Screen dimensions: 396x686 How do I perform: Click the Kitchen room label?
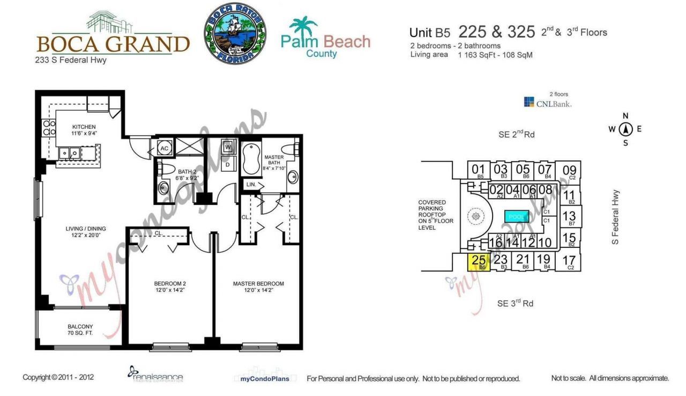[84, 130]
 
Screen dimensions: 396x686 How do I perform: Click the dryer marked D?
[228, 164]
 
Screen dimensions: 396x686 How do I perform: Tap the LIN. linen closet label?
[251, 184]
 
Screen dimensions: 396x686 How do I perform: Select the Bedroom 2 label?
[169, 287]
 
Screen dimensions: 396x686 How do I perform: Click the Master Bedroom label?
[258, 287]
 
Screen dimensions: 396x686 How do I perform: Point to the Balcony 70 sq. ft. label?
[80, 329]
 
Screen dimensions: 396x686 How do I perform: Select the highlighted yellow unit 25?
[480, 261]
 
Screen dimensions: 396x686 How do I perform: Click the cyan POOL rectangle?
[517, 217]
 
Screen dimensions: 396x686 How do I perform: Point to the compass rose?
[625, 129]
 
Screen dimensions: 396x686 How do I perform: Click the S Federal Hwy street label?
[616, 217]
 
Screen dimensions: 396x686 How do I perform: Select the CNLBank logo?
[547, 103]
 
